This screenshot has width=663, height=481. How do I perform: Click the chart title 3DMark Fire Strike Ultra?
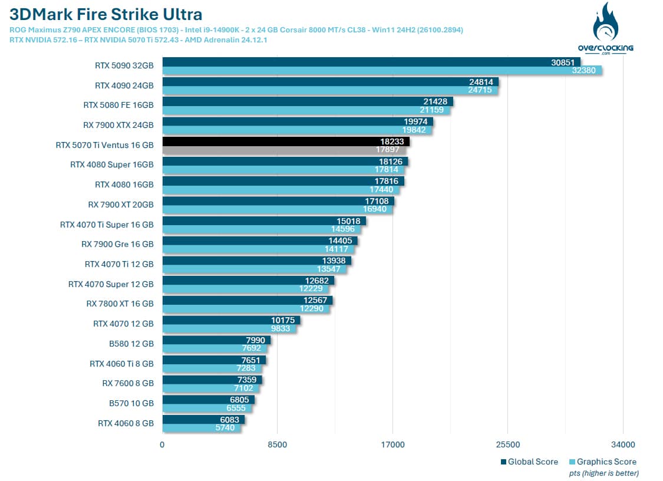105,14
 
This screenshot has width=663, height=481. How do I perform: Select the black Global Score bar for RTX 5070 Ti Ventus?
286,141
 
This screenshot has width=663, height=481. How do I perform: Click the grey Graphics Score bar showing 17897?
284,150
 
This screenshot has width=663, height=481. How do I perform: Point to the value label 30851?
562,62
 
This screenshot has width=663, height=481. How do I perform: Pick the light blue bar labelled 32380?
382,71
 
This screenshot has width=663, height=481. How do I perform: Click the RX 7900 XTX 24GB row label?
118,125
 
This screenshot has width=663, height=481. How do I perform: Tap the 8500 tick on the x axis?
278,444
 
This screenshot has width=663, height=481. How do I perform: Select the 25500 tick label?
508,444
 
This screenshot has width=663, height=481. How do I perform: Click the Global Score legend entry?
529,462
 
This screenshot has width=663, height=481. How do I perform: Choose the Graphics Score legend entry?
603,462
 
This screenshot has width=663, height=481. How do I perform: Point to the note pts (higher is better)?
604,473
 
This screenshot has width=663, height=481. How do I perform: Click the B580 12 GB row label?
131,344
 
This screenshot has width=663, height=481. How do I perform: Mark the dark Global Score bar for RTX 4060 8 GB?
203,420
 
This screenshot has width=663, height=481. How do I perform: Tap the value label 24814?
481,82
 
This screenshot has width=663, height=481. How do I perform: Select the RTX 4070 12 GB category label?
124,324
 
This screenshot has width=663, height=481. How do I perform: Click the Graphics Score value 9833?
281,329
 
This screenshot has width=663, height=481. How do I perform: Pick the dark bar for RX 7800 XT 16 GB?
248,301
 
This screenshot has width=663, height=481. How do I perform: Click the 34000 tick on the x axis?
623,444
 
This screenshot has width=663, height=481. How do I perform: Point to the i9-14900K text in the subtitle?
221,30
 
